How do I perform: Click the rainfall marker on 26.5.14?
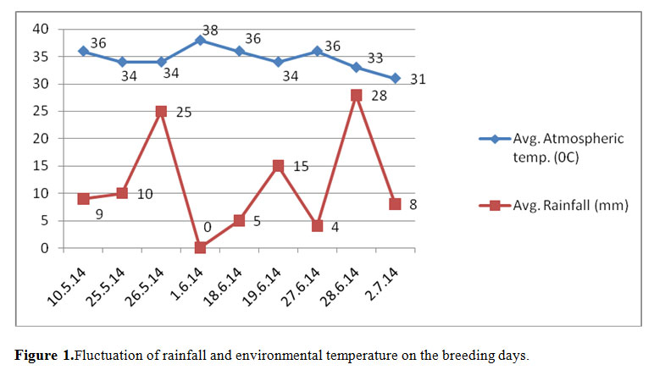tap(161, 111)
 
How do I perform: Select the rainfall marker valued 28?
tap(356, 95)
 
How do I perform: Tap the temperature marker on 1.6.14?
tap(200, 41)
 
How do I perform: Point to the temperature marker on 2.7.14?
tap(395, 79)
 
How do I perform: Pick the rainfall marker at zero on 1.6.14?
tap(200, 247)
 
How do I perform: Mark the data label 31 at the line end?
tap(418, 80)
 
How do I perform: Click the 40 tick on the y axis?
tap(42, 30)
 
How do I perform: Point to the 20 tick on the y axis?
tap(42, 139)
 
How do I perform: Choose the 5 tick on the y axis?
tap(45, 221)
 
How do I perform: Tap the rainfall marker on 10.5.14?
tap(83, 199)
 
